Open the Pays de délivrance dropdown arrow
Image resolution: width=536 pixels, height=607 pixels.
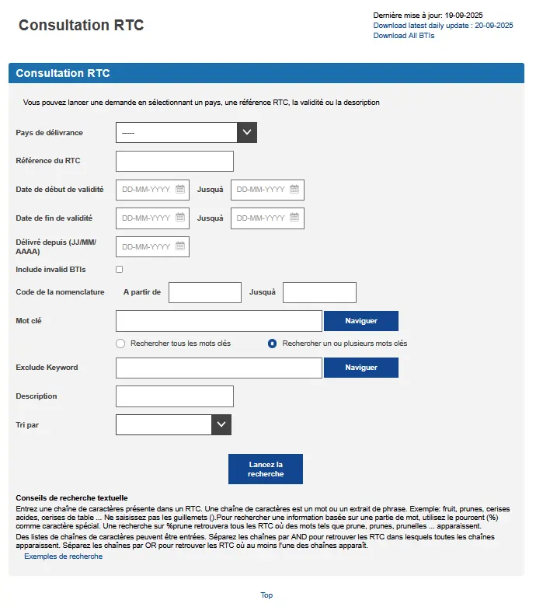(x=247, y=133)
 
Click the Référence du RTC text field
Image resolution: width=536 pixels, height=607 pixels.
(x=175, y=161)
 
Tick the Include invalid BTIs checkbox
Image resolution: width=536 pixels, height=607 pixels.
(x=120, y=270)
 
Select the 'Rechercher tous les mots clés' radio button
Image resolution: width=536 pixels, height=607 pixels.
(x=120, y=344)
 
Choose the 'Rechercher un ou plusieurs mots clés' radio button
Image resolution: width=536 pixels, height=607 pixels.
(x=273, y=344)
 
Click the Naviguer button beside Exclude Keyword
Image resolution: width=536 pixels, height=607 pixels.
(x=360, y=368)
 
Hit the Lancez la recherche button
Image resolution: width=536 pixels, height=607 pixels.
(x=266, y=469)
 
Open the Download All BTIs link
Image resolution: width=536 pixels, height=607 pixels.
(x=403, y=36)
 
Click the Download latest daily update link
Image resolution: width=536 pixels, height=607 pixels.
(x=443, y=26)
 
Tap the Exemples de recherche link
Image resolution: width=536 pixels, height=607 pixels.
(x=63, y=556)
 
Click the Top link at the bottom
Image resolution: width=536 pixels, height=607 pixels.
(x=266, y=595)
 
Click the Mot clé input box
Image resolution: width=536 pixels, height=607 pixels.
(x=218, y=321)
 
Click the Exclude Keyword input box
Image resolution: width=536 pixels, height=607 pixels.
(x=218, y=368)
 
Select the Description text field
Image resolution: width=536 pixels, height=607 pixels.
(x=175, y=396)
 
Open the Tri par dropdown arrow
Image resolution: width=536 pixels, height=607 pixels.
(x=222, y=424)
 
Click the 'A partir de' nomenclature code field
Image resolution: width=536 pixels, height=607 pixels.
(x=205, y=292)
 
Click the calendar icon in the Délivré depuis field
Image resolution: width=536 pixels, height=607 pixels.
(x=180, y=246)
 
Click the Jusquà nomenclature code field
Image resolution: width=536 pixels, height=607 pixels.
(x=319, y=292)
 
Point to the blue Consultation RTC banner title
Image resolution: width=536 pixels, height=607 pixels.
(x=63, y=74)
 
